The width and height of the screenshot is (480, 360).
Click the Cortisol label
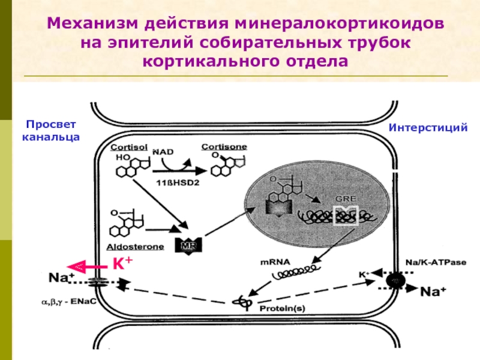[129, 147]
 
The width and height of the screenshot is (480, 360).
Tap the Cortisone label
[224, 147]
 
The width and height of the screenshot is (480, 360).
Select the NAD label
[163, 152]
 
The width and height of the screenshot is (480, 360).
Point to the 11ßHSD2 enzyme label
[178, 183]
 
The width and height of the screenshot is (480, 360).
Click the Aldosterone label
[136, 247]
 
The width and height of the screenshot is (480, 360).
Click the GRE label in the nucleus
[346, 199]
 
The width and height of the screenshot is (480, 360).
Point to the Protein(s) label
[282, 308]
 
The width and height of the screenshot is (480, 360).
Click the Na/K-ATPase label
[436, 262]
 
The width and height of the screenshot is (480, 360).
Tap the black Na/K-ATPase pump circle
[395, 280]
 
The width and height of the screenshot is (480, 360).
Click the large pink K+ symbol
[122, 263]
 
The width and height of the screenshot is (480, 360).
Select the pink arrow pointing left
[86, 267]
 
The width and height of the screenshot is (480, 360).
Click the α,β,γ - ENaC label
[69, 302]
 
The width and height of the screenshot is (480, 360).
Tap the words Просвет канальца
[51, 131]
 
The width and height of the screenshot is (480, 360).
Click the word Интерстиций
[428, 127]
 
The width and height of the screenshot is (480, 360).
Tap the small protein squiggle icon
[243, 303]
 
